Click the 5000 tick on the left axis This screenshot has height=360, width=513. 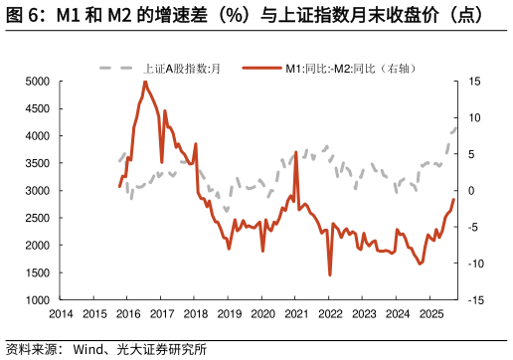pos(37,82)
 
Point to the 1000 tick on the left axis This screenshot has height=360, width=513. pos(37,299)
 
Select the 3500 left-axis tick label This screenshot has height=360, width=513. pos(37,163)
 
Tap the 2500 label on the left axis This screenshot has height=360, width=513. pos(37,218)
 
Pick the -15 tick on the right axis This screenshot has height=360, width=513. pos(475,299)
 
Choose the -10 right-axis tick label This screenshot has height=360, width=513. pos(475,264)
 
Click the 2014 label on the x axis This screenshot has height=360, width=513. pos(61,313)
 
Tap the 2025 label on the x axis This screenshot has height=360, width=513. pos(430,313)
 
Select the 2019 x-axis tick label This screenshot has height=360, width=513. pos(229,313)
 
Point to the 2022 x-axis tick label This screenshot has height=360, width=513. pos(330,313)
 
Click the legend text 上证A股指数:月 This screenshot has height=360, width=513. pos(181,69)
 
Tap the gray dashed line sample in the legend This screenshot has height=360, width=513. pos(116,69)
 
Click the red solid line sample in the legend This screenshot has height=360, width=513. pos(260,69)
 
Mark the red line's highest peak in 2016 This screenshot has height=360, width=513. pos(145,82)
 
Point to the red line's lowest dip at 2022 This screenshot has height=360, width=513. pos(330,274)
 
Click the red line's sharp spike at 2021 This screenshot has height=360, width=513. pos(296,153)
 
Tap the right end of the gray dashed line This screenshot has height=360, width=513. pos(456,127)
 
